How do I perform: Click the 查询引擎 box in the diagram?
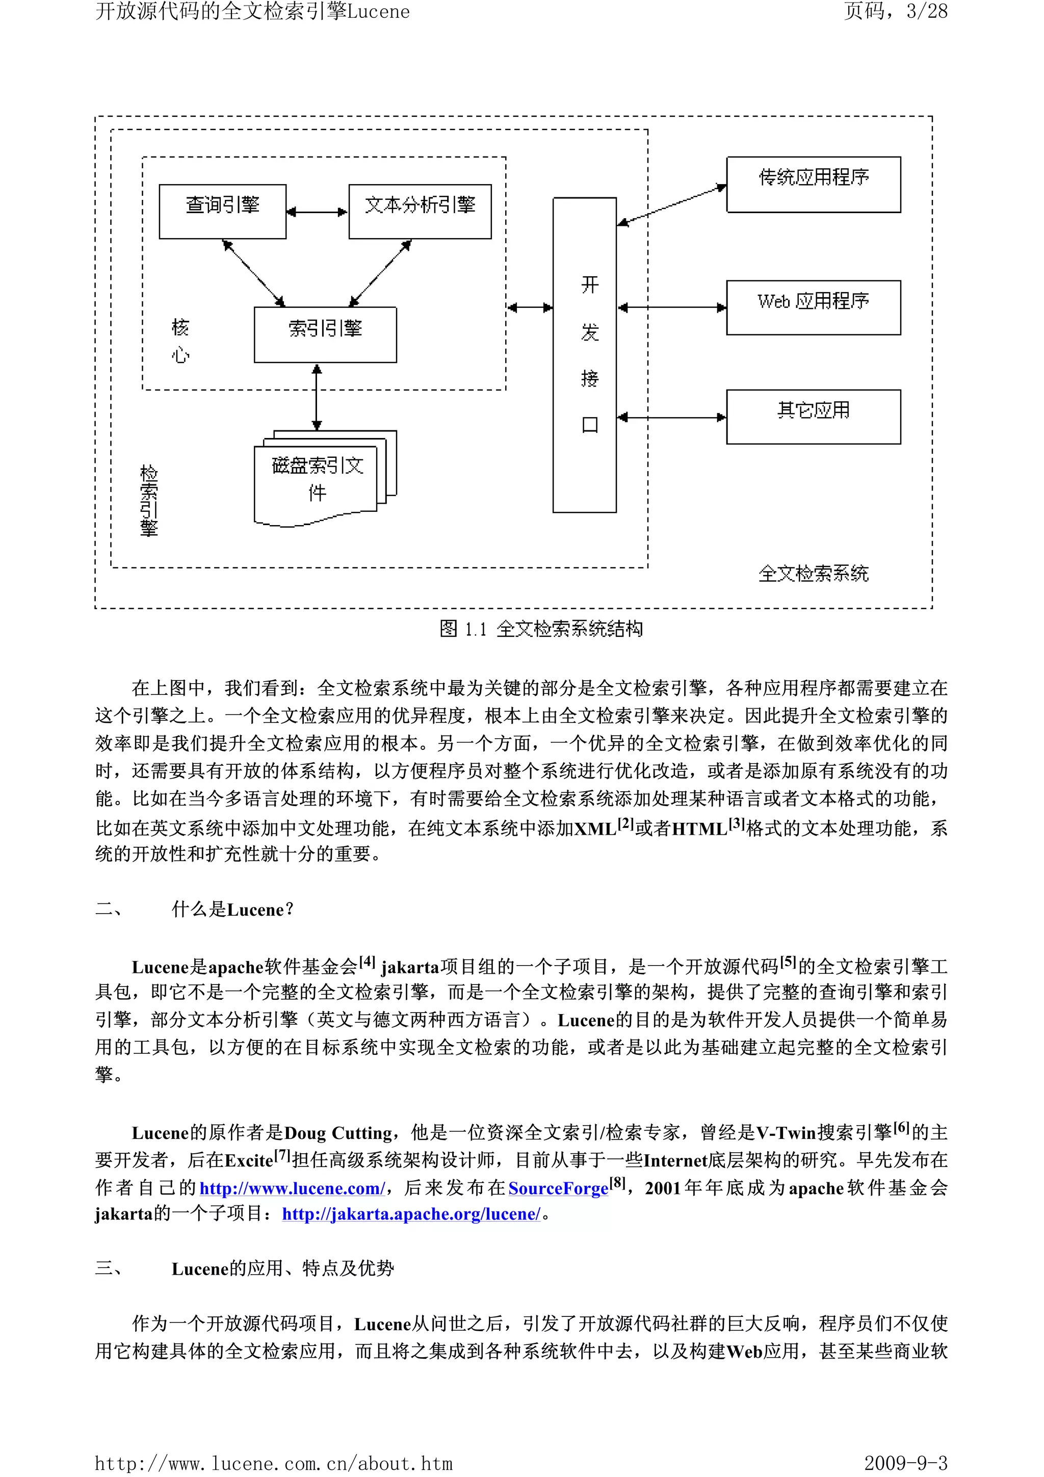point(223,211)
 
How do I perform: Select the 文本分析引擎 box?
point(420,211)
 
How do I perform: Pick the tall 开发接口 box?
point(584,354)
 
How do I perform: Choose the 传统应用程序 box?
point(813,184)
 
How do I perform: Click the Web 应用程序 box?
point(813,307)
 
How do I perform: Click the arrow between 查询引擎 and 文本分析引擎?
point(317,212)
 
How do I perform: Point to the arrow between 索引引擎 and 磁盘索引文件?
point(317,397)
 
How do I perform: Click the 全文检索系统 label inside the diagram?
point(813,573)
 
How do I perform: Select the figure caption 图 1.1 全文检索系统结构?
point(541,629)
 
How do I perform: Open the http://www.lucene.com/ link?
point(292,1188)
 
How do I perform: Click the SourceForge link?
point(558,1188)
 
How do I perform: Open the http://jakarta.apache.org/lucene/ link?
point(411,1214)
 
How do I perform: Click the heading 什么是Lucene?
point(232,910)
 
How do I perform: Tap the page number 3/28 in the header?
point(926,12)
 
